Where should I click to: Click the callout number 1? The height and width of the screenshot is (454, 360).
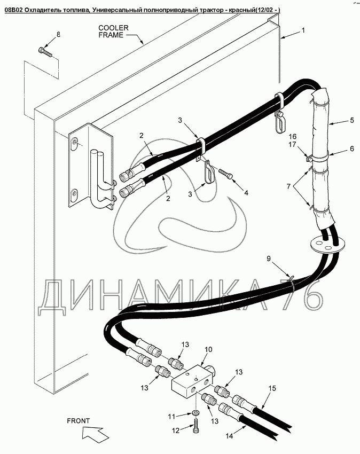pos(303,30)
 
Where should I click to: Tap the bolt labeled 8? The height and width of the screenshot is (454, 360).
pos(44,52)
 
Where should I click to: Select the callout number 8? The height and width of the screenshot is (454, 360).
pos(58,35)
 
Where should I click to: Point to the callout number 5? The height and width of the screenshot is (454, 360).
pos(352,121)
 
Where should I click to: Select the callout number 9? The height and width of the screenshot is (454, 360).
pos(270,259)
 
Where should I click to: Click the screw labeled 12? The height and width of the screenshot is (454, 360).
pos(195,428)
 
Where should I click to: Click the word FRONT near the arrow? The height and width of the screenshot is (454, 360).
pos(78,420)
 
